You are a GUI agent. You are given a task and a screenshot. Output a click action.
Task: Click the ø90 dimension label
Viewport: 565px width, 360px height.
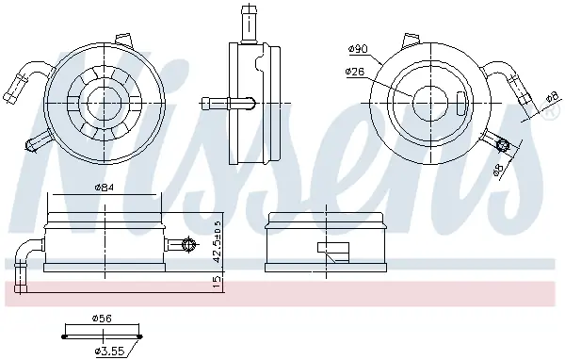[358, 49]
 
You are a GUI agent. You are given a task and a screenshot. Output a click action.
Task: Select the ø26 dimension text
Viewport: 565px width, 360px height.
[355, 72]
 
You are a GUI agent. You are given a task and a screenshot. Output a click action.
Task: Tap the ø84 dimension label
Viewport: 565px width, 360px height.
[105, 188]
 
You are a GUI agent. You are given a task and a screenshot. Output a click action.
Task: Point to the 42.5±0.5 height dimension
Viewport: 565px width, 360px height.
[218, 241]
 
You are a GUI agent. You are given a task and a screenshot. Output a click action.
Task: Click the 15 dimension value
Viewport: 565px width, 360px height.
[218, 282]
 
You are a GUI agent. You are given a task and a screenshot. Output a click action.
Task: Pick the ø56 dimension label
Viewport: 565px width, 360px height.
[102, 319]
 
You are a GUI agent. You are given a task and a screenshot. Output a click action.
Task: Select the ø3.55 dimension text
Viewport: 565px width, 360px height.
[109, 351]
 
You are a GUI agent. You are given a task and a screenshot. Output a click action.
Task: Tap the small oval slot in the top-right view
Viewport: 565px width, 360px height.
[460, 104]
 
